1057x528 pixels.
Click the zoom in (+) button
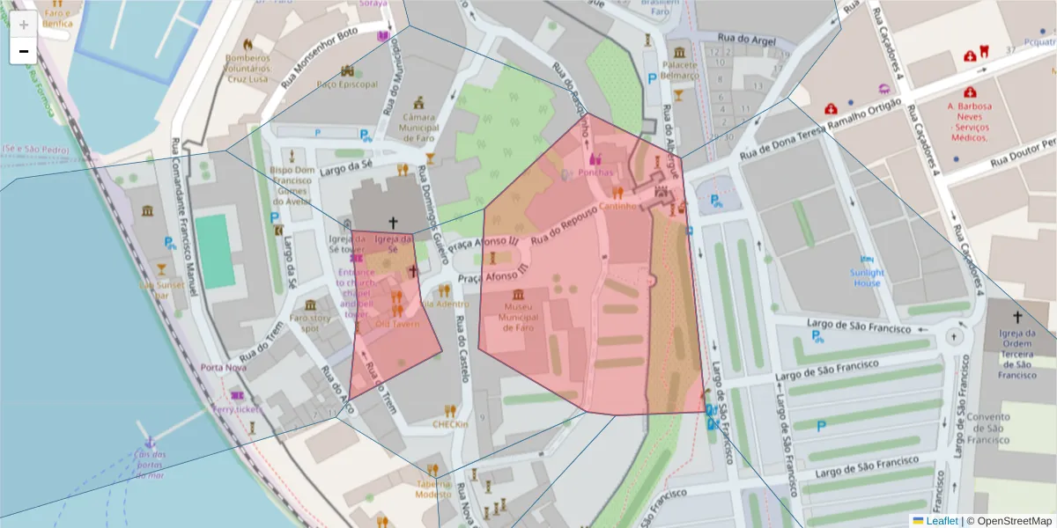pos(23,25)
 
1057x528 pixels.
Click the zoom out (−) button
pos(23,51)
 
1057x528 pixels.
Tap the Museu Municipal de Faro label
pos(519,316)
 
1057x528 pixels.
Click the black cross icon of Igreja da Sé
pos(394,224)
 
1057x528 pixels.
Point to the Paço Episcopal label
pos(346,84)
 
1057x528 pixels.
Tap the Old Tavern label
pos(397,324)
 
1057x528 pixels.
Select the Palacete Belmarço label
pos(680,70)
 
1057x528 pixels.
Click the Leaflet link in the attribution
pos(941,520)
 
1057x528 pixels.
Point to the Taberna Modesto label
pos(432,488)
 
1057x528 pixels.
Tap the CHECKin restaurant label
pos(450,423)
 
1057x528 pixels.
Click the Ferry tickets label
pos(237,410)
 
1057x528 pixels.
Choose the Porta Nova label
pos(223,367)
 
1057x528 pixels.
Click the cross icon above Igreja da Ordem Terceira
pos(1017,316)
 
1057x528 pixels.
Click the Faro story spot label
pos(310,322)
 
